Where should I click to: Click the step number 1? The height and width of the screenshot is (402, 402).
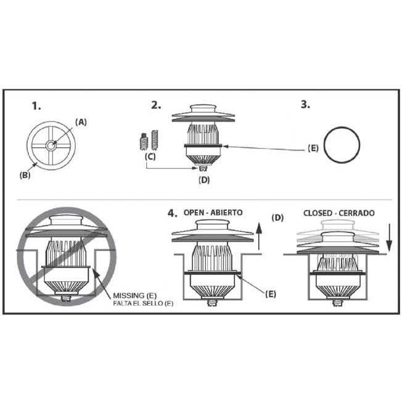click(36, 105)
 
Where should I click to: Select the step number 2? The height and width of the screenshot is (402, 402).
click(156, 104)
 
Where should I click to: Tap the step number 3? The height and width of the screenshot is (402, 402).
click(305, 104)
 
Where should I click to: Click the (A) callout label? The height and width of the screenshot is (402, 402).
click(81, 122)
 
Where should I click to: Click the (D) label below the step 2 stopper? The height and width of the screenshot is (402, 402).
click(205, 180)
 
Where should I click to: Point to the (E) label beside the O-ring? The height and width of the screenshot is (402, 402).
click(314, 149)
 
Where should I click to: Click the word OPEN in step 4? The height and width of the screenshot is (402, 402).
click(196, 213)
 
